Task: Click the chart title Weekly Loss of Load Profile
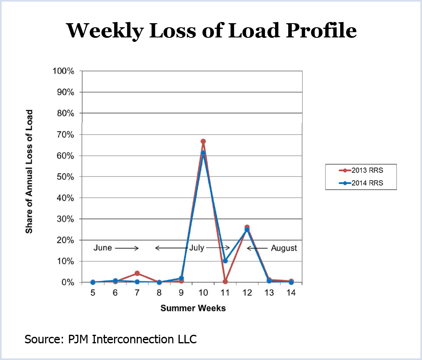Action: pyautogui.click(x=211, y=30)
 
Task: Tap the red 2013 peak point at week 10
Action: pyautogui.click(x=203, y=142)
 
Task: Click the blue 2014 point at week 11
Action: pyautogui.click(x=225, y=261)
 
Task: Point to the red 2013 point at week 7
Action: pyautogui.click(x=137, y=273)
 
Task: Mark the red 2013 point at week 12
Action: pyautogui.click(x=247, y=227)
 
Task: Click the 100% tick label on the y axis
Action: pyautogui.click(x=63, y=71)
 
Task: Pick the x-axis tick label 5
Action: pyautogui.click(x=93, y=293)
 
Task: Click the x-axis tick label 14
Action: pyautogui.click(x=291, y=293)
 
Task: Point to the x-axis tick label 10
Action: pyautogui.click(x=203, y=293)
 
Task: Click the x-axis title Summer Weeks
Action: pyautogui.click(x=193, y=308)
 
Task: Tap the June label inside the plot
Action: pyautogui.click(x=103, y=248)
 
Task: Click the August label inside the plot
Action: pyautogui.click(x=284, y=248)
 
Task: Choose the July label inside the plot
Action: pyautogui.click(x=196, y=248)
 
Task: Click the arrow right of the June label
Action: pyautogui.click(x=127, y=248)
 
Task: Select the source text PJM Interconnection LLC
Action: pyautogui.click(x=110, y=339)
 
